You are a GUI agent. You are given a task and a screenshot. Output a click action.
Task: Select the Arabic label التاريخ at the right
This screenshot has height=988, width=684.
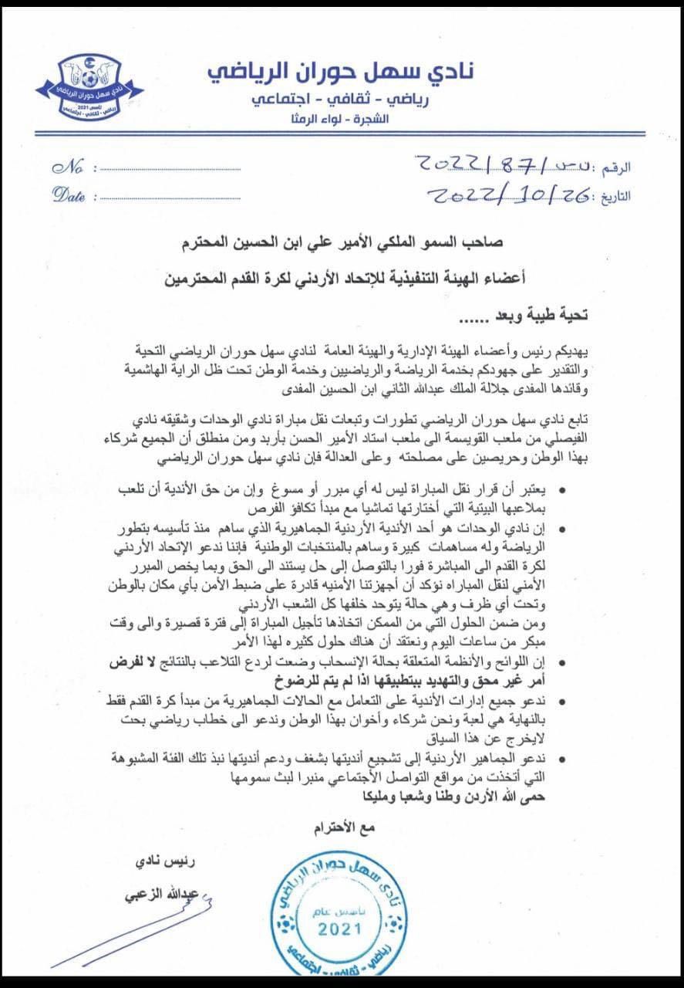coord(612,196)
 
